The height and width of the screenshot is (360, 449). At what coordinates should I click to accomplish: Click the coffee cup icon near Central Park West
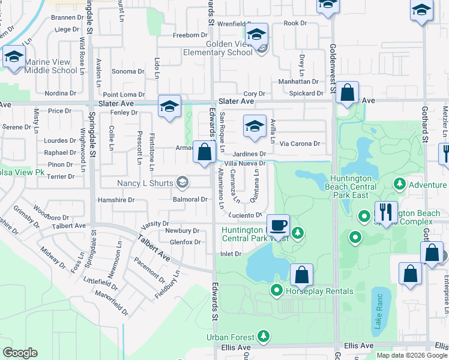tap(278, 226)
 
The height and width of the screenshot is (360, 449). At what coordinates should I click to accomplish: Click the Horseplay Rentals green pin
tap(277, 292)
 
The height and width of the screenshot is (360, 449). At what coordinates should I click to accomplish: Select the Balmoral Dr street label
tap(190, 199)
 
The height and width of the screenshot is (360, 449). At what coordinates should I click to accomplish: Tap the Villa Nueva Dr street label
tap(244, 163)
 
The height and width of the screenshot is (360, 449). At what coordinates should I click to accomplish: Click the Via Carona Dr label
tap(300, 144)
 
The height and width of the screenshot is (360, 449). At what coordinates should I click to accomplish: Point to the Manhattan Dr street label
tap(298, 82)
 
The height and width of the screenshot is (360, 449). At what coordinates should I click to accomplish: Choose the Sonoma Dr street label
tap(128, 71)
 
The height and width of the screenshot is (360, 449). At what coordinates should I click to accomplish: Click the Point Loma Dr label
tap(124, 94)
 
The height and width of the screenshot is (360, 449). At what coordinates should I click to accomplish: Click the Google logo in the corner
tap(20, 353)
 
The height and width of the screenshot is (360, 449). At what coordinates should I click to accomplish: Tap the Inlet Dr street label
tap(231, 254)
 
